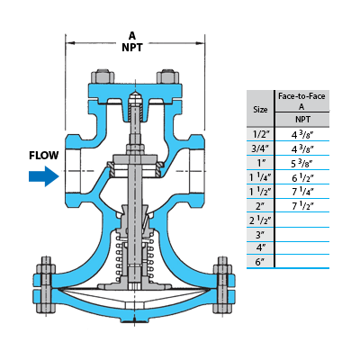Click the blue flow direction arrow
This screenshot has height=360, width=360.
pyautogui.click(x=44, y=176)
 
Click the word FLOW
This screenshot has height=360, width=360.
pyautogui.click(x=44, y=156)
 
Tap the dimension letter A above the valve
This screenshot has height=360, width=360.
pyautogui.click(x=132, y=36)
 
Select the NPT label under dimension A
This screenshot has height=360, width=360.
pyautogui.click(x=132, y=48)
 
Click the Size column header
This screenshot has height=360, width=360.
pyautogui.click(x=260, y=110)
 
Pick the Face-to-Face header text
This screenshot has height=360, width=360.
pyautogui.click(x=301, y=96)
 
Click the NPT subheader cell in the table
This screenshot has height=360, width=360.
pyautogui.click(x=302, y=120)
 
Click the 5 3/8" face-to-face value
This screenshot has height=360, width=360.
pyautogui.click(x=302, y=164)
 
